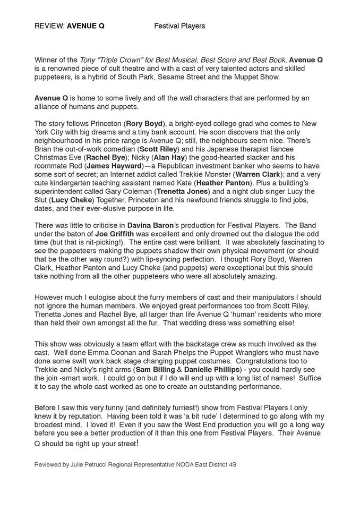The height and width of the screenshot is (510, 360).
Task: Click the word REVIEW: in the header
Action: coord(49,25)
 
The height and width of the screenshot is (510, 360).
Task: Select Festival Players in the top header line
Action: coord(179,25)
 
